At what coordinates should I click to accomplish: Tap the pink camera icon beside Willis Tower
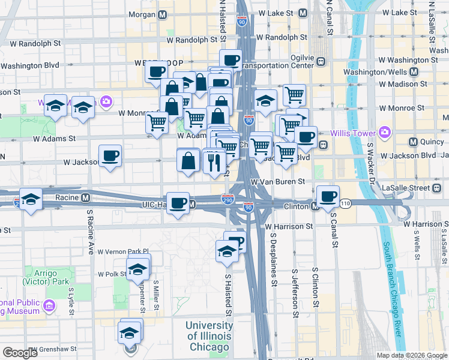[385, 132]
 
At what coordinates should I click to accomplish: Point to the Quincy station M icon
[413, 142]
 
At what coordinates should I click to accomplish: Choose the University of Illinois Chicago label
[208, 336]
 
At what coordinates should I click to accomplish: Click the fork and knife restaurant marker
[214, 160]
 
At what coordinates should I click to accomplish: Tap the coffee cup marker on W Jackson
[110, 156]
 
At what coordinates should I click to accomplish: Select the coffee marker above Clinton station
[328, 196]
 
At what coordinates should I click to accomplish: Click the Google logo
[20, 353]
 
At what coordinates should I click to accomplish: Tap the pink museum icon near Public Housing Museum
[49, 307]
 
